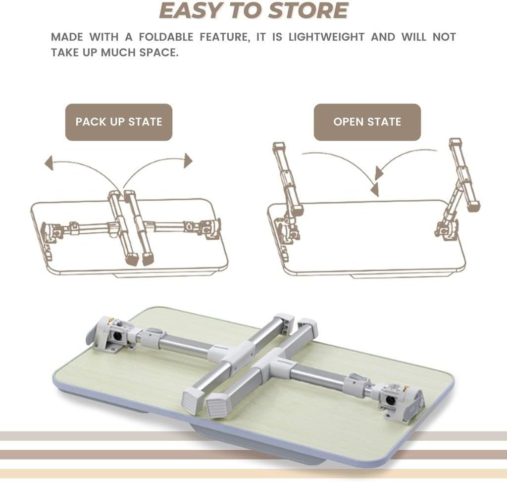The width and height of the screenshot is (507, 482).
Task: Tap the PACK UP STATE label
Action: point(119,122)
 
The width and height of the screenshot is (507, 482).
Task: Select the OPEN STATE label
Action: point(367,122)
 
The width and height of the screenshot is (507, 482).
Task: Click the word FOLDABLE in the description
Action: point(145,37)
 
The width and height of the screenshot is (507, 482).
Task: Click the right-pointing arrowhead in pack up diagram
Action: point(188,160)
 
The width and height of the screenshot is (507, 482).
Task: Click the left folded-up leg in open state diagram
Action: point(288,177)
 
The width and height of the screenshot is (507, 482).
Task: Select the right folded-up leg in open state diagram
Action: point(464,174)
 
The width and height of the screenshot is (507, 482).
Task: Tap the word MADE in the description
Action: point(66,37)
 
